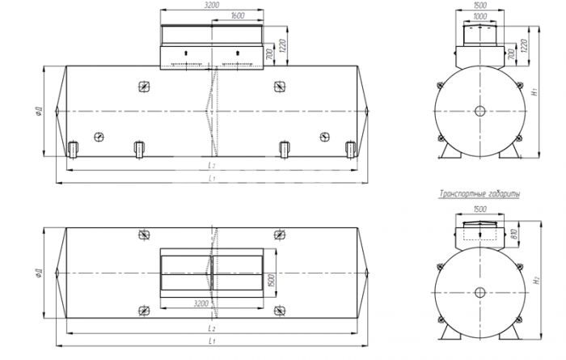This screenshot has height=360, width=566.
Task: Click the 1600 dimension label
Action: click(237, 15)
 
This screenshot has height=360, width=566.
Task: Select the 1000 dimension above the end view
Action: click(479, 16)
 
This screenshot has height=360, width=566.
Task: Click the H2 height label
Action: click(537, 279)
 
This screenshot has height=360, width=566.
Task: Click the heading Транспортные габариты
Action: click(479, 194)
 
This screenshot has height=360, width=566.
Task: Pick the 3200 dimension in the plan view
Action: click(201, 303)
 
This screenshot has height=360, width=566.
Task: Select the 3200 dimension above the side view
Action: click(212, 5)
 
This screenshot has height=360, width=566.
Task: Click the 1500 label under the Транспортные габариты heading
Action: click(479, 209)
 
